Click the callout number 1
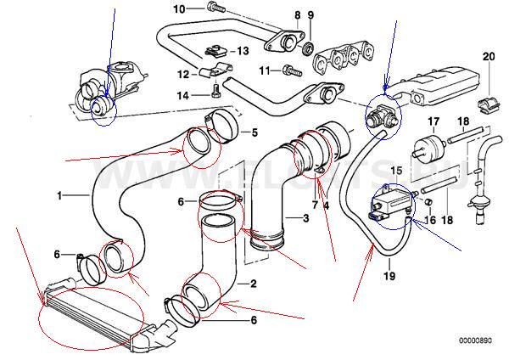(x=60, y=195)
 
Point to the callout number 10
(x=179, y=9)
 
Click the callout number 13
(x=243, y=51)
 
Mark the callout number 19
(x=389, y=274)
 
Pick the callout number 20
(x=488, y=56)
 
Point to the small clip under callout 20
(x=488, y=82)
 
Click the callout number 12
(x=183, y=75)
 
